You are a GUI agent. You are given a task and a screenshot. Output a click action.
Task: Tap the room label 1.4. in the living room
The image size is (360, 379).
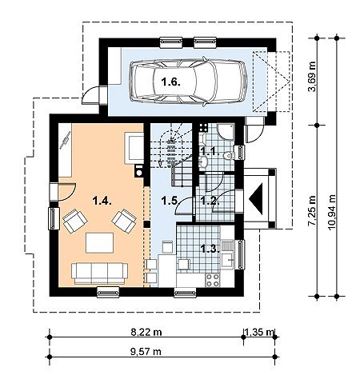(x=102, y=201)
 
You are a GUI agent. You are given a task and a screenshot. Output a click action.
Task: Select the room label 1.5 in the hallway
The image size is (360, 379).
(x=170, y=201)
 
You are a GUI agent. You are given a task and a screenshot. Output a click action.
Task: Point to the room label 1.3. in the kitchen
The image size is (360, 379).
(x=210, y=249)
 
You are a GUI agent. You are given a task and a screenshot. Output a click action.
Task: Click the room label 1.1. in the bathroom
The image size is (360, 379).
(x=210, y=153)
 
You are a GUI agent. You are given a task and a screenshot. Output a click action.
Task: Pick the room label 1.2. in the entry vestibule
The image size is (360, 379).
(x=210, y=201)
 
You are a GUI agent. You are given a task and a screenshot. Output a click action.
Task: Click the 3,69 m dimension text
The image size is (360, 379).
(x=312, y=77)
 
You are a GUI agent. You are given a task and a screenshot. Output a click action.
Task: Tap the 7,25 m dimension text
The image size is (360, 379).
(x=312, y=210)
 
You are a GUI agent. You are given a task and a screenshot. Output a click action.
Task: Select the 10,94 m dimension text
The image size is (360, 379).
(x=332, y=213)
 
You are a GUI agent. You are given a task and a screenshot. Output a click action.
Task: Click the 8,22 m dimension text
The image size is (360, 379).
(x=146, y=333)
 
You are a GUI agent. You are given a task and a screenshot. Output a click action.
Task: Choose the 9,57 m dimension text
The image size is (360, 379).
(x=146, y=352)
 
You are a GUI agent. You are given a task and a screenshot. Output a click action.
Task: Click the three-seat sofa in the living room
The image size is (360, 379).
(x=99, y=273)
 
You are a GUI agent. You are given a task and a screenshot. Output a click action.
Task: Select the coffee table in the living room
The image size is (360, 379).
(x=99, y=243)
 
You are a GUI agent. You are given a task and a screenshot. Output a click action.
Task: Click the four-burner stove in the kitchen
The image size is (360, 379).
(x=213, y=280)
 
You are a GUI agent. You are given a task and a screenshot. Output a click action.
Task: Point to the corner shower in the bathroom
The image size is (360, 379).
(x=226, y=131)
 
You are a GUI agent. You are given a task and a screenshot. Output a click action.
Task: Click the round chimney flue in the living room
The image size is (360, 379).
(x=138, y=172)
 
